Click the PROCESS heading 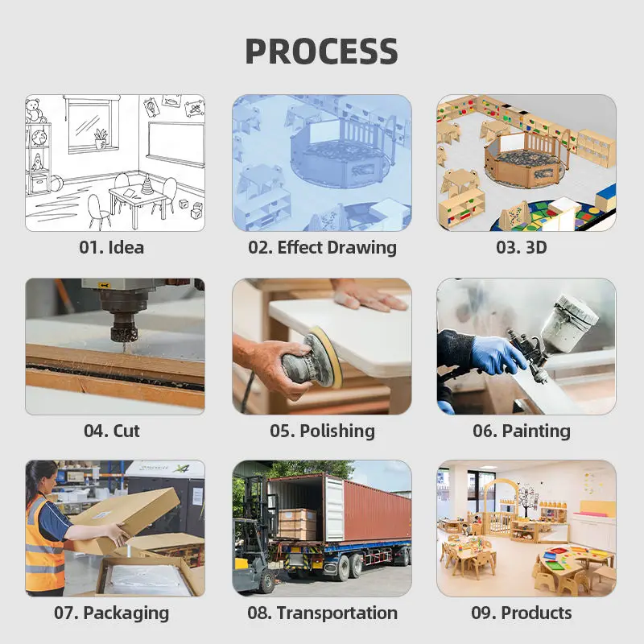point(321,51)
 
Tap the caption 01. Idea point(111,247)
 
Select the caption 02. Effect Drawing point(323,248)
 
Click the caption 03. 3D point(521,247)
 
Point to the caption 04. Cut point(112,431)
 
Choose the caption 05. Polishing point(323,431)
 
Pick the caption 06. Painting point(522,431)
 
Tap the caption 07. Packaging point(112,613)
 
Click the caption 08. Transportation point(323,613)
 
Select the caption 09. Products point(522,613)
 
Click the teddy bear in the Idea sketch point(35,110)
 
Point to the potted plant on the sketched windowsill point(101,138)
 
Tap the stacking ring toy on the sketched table point(147,184)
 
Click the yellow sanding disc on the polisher point(328,356)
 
